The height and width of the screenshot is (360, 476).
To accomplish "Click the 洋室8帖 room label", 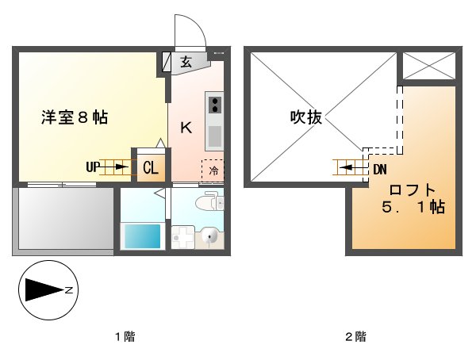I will tap(75, 118).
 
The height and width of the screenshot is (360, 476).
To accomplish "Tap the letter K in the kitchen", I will tap(186, 128).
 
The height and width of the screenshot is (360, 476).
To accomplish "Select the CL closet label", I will tap(150, 167).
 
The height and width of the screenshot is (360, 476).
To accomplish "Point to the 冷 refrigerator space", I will tap(213, 170).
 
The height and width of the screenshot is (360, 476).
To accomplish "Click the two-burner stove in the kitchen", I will tap(214, 104).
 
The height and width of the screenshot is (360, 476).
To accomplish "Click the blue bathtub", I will tap(141, 236).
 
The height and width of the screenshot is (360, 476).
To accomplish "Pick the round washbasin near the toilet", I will tap(209, 236).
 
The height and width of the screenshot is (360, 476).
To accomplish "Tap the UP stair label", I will tap(93, 167).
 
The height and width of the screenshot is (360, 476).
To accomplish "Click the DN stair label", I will tap(379, 168).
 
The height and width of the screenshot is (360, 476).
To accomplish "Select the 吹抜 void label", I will tap(305, 118).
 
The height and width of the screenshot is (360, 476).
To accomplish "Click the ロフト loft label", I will tap(412, 190).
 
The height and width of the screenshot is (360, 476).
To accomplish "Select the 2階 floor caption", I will tap(355, 336).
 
